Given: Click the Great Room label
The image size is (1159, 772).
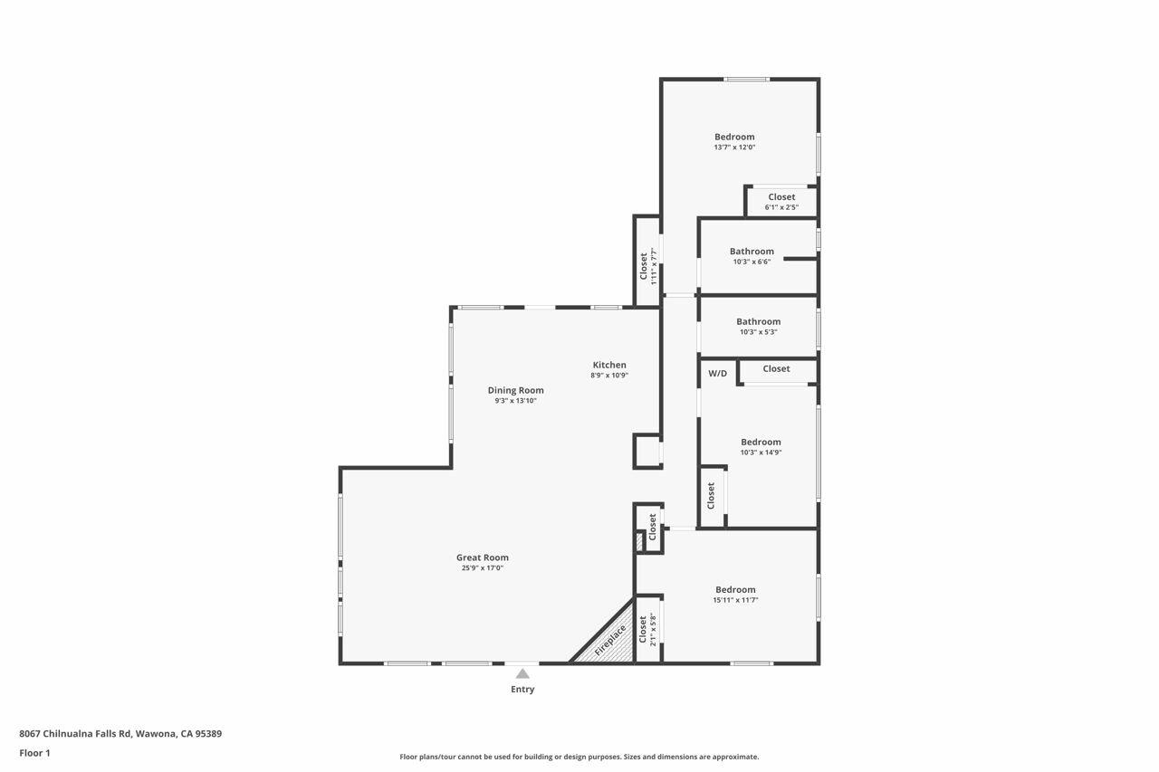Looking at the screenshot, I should click(x=482, y=558).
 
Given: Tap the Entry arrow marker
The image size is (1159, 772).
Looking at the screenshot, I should click(x=522, y=673).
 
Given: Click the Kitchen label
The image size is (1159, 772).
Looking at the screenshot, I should click(x=609, y=365).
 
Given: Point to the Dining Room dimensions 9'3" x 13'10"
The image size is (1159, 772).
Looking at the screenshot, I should click(x=515, y=401).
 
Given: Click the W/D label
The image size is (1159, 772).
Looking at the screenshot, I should click(x=717, y=373).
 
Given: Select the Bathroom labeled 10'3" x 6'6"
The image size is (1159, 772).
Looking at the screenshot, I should click(x=752, y=252).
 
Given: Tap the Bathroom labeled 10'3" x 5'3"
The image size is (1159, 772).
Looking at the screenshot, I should click(x=758, y=321).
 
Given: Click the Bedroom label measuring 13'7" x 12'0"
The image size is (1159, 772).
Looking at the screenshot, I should click(x=734, y=137).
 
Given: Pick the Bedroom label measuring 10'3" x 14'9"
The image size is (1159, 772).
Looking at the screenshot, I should click(x=761, y=443).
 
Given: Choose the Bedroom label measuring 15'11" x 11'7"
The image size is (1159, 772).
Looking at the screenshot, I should click(x=735, y=589).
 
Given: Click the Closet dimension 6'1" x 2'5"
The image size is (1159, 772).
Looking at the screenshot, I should click(x=781, y=207).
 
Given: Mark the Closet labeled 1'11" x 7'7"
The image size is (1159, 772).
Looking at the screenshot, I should click(x=645, y=265).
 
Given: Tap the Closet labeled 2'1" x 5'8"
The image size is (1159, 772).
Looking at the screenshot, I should click(x=644, y=629).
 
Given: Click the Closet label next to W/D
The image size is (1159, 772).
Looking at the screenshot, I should click(x=776, y=368).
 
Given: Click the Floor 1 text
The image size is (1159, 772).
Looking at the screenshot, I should click(x=34, y=753).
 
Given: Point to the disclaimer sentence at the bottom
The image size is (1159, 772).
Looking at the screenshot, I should click(x=579, y=757).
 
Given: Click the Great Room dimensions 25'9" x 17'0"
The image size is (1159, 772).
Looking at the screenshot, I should click(x=482, y=568).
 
